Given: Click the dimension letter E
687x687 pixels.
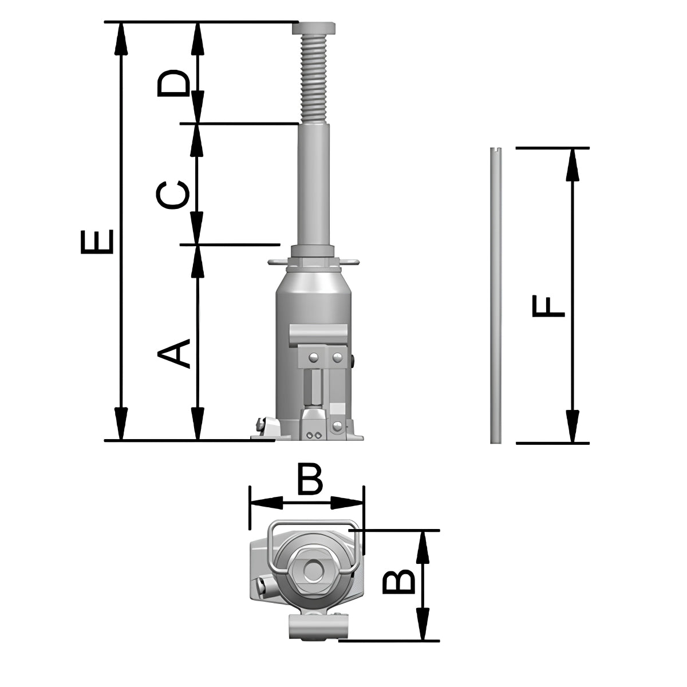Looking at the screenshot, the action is (97, 242).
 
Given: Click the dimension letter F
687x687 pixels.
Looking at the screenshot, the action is (548, 306).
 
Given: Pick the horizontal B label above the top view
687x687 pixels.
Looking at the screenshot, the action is (310, 480).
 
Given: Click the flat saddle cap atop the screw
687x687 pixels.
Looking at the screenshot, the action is (314, 29).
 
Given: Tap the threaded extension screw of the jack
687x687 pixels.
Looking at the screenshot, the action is (314, 78).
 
